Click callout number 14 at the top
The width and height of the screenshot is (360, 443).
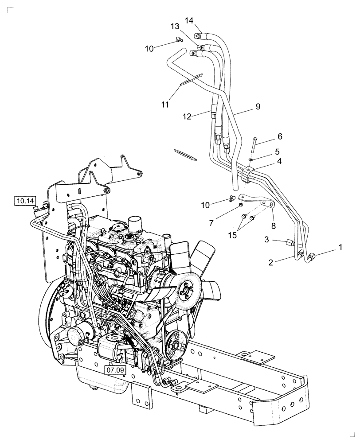click(x=189, y=20)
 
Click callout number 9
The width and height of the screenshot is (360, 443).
click(x=258, y=106)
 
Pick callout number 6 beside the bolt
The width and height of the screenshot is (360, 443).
click(x=279, y=136)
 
